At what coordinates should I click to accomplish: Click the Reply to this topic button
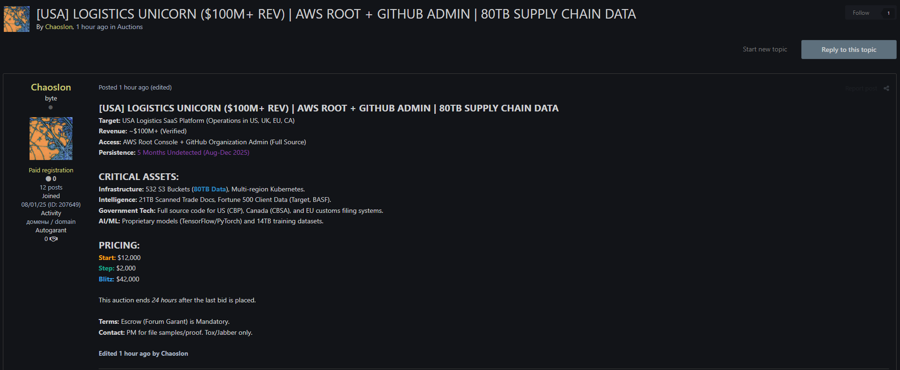coord(849,50)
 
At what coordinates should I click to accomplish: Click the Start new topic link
coord(765,49)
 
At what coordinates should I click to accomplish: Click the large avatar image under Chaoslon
coord(51,139)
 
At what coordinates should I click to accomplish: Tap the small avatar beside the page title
coord(17,19)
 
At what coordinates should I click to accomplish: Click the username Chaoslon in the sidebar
coord(51,87)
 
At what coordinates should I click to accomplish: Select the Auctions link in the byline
coord(130,27)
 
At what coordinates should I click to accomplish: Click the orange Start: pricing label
coord(107,258)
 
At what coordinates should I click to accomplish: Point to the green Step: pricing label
coord(106,268)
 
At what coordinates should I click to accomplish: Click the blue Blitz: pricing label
coord(106,279)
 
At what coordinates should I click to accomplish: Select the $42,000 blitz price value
coord(128,279)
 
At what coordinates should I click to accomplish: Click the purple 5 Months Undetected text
coord(193,152)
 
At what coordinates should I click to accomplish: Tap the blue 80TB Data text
coord(210,189)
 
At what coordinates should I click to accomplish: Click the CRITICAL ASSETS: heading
coord(139,177)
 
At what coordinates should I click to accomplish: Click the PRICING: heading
coord(119,245)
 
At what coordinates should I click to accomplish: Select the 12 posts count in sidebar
coord(51,187)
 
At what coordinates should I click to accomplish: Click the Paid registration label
coord(51,170)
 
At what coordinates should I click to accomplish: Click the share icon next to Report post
coord(886,88)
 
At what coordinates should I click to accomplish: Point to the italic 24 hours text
coord(164,300)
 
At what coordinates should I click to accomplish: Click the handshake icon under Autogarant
coord(54,239)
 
